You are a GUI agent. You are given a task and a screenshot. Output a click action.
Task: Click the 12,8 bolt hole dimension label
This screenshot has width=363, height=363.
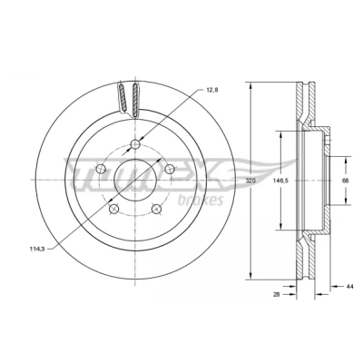[212, 90]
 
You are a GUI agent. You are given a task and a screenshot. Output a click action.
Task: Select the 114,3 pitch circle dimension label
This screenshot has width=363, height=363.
[37, 249]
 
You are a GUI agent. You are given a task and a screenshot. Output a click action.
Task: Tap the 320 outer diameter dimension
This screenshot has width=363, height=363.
[250, 181]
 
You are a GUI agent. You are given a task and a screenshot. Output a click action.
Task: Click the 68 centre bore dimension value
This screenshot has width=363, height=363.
[345, 181]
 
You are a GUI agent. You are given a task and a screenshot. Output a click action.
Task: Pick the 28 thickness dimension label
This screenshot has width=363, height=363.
[276, 293]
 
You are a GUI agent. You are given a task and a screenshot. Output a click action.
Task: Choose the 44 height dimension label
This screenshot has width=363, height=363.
[349, 286]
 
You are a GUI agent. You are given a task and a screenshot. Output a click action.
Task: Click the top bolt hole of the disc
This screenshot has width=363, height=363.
[135, 144]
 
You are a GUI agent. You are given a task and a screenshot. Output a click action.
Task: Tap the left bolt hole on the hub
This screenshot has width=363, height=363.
[101, 169]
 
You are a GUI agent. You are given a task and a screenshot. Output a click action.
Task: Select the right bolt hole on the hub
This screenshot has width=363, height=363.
[170, 169]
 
